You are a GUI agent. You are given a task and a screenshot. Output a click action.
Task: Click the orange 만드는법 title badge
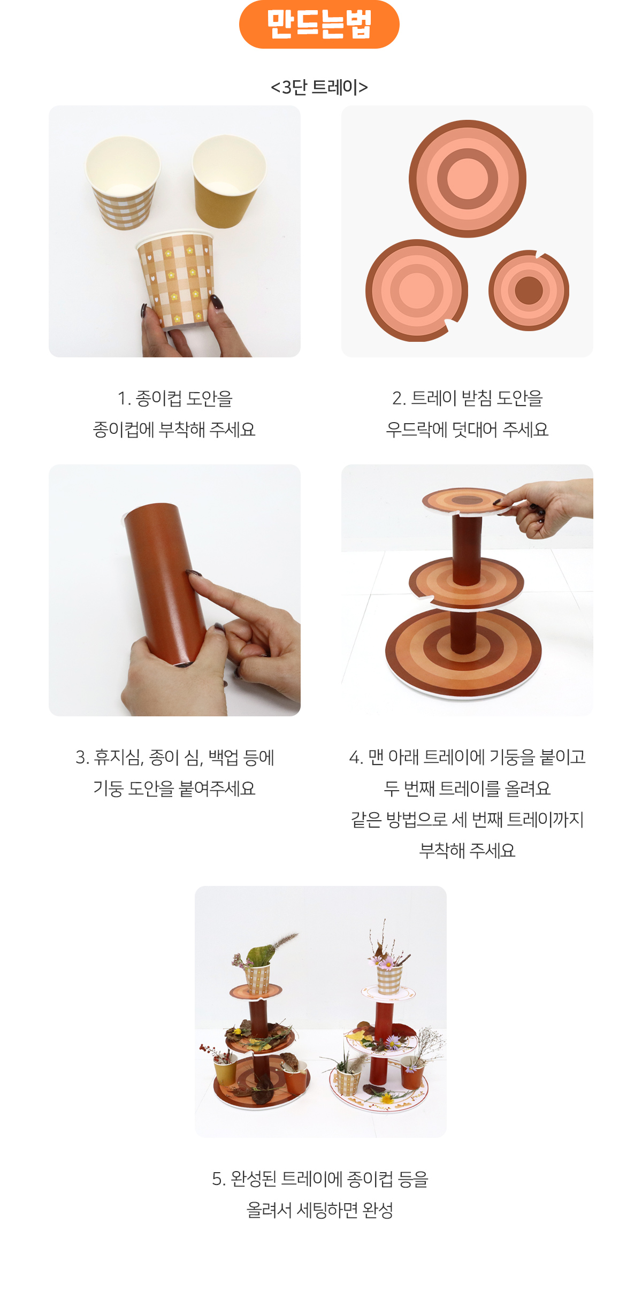pos(319,24)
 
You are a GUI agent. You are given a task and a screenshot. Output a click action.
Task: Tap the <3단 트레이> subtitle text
pos(319,87)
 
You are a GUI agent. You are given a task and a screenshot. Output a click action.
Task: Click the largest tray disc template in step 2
pos(468,179)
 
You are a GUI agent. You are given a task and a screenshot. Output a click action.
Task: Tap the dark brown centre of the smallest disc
pos(529,290)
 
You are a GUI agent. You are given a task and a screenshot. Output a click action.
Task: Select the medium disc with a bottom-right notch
pos(416,290)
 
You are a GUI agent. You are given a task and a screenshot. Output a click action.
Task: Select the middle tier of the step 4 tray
pos(465,583)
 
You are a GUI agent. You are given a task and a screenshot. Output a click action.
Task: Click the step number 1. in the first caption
pos(124,399)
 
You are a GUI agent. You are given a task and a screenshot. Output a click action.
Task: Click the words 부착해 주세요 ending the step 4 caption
pos(468,851)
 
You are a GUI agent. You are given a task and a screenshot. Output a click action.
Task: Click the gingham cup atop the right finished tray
pos(389,979)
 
